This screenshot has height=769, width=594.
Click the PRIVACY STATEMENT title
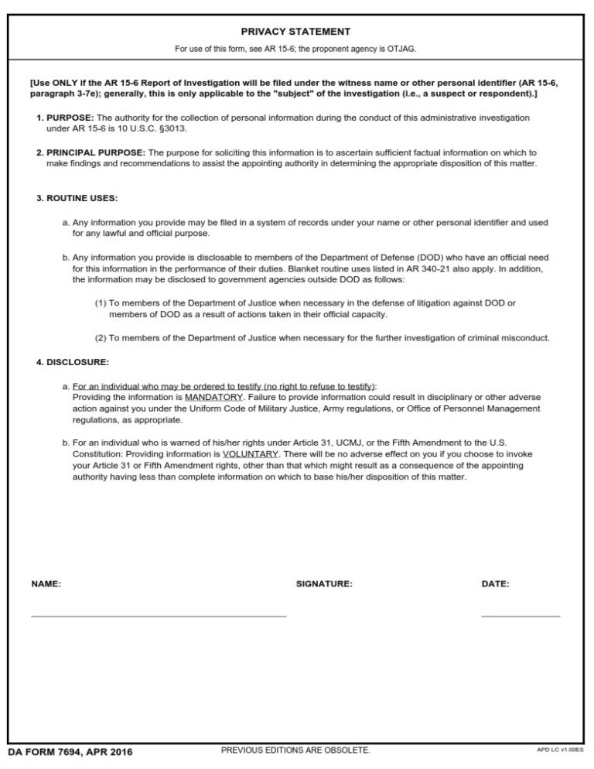pyautogui.click(x=295, y=32)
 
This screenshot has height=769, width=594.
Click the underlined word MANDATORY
pyautogui.click(x=213, y=397)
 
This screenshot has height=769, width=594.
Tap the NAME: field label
pyautogui.click(x=46, y=584)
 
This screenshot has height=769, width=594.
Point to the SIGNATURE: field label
pyautogui.click(x=324, y=584)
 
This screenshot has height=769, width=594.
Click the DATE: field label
pyautogui.click(x=495, y=584)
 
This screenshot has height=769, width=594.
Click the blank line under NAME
pyautogui.click(x=159, y=616)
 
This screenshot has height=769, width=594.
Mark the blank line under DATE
pyautogui.click(x=520, y=616)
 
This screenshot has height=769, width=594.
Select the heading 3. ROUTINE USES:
pyautogui.click(x=77, y=198)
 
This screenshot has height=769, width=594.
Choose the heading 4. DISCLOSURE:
pyautogui.click(x=73, y=361)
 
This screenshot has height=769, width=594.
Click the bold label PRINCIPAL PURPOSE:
pyautogui.click(x=95, y=152)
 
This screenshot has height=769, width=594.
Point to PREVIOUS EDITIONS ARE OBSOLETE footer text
pyautogui.click(x=295, y=750)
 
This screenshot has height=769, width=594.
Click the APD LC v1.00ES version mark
pyautogui.click(x=562, y=750)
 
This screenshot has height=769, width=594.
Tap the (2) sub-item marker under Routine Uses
pyautogui.click(x=100, y=338)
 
